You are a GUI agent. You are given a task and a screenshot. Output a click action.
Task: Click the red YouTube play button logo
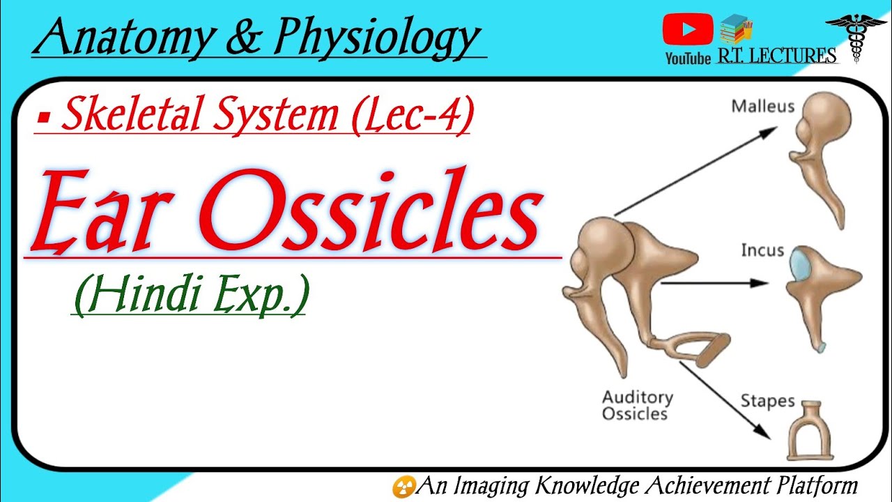687,29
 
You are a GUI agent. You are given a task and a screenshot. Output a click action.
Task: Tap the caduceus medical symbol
856,35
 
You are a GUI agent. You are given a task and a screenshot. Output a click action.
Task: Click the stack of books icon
736,29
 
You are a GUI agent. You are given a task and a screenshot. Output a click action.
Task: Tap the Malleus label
762,106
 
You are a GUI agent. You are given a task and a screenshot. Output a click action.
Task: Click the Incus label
762,250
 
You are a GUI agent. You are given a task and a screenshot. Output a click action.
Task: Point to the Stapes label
767,401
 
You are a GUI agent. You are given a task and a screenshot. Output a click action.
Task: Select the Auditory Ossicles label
637,405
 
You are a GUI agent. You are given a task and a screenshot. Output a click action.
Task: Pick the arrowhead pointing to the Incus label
760,284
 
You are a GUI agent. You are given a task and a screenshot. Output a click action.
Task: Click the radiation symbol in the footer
403,486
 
